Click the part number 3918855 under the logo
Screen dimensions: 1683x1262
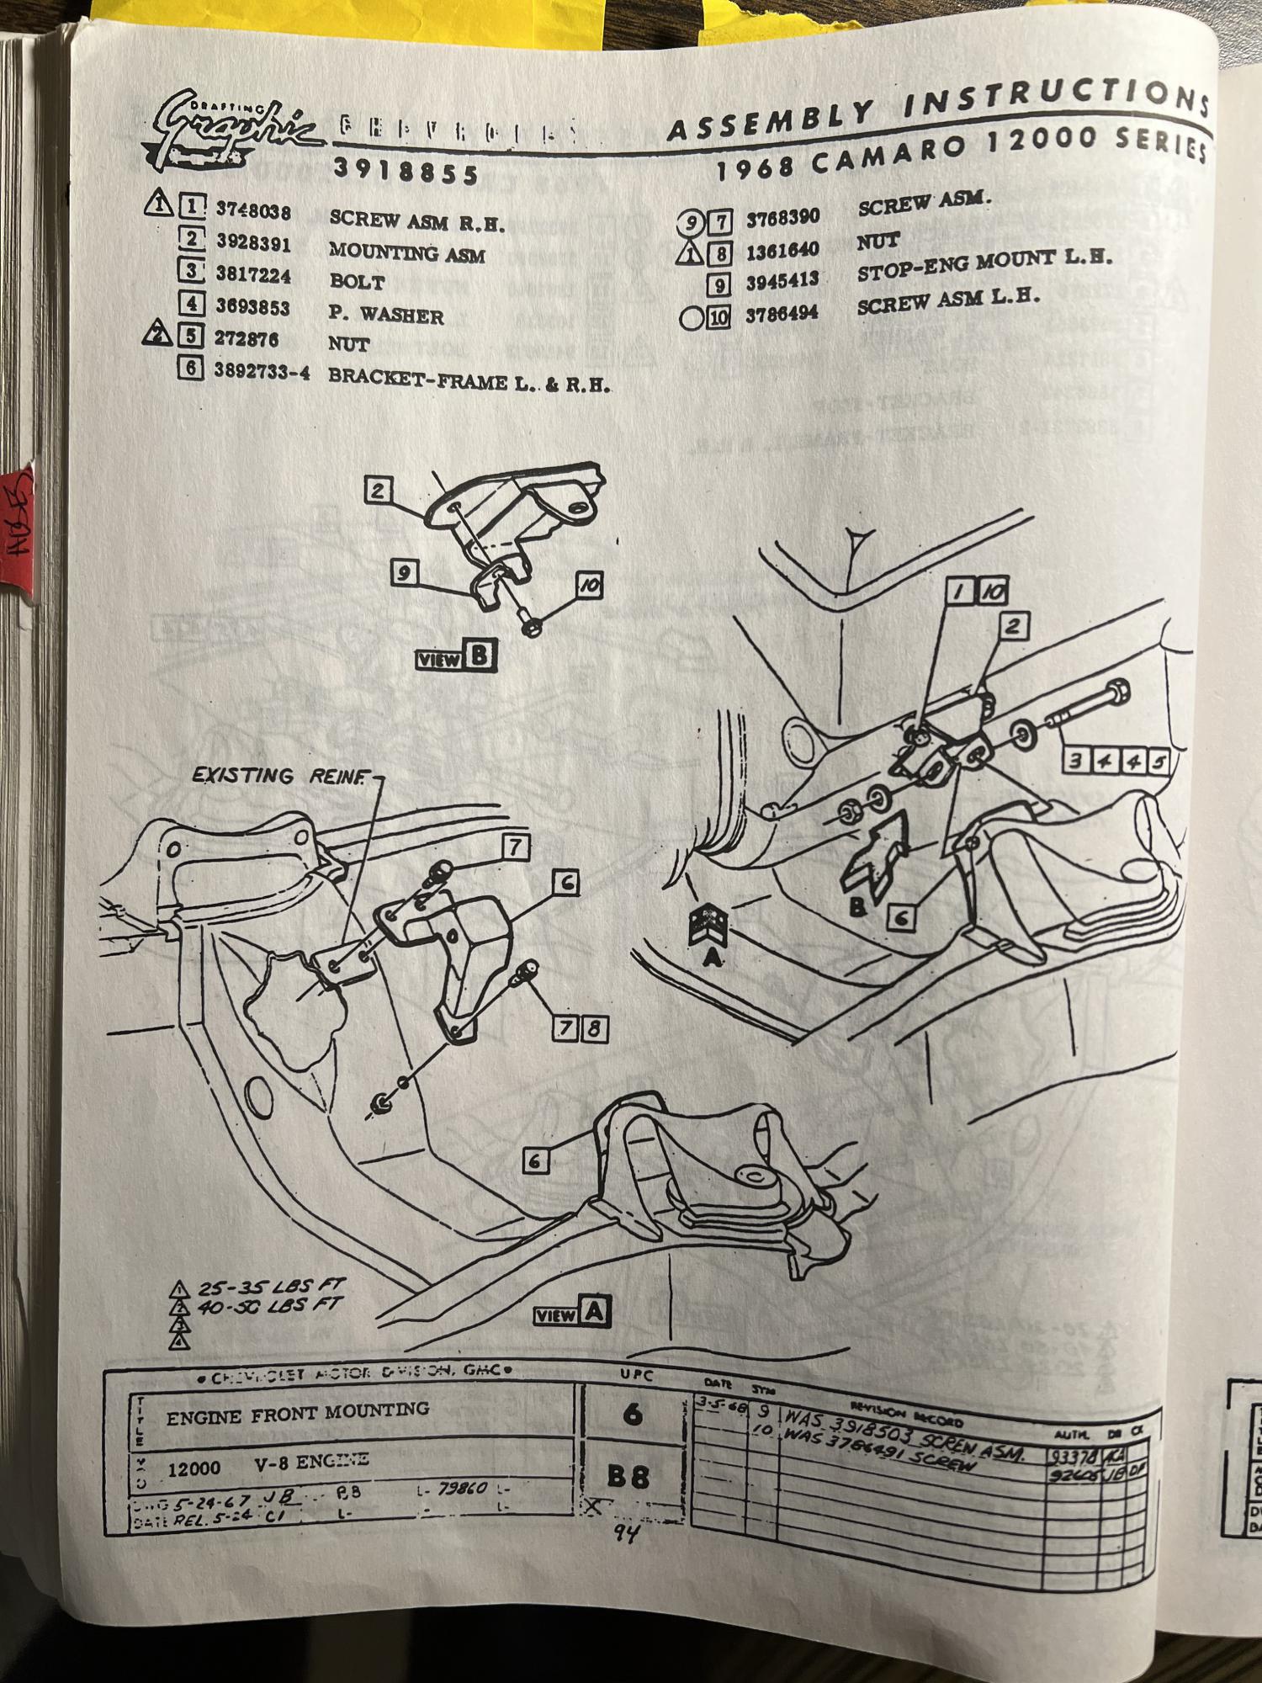(x=406, y=172)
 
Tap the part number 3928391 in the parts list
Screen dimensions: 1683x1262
(x=253, y=243)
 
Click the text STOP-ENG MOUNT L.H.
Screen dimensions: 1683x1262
(x=984, y=266)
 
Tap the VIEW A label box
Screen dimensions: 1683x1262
(x=572, y=1313)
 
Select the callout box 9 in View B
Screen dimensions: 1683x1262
(x=405, y=573)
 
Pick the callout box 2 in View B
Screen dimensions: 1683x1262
(x=379, y=491)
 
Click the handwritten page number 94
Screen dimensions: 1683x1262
(x=627, y=1532)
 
